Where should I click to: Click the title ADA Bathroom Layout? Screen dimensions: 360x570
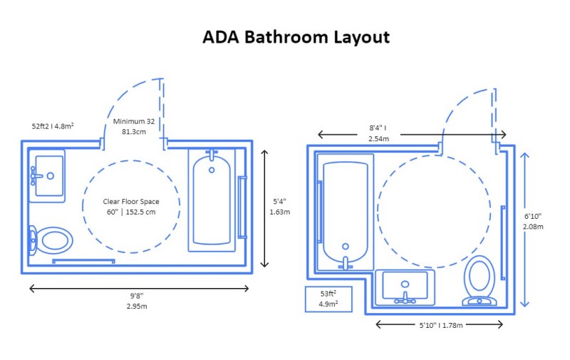(296, 38)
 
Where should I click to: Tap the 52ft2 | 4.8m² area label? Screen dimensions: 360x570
(53, 125)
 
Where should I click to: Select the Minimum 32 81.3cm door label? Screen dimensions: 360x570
(134, 126)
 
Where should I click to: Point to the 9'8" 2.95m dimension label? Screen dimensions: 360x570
(139, 300)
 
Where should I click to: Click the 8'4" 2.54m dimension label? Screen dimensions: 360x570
(378, 133)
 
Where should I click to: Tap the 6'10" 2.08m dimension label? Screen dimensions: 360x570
(534, 221)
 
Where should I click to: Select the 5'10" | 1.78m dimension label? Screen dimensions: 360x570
(439, 325)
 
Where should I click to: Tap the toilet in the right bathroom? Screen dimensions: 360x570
(479, 280)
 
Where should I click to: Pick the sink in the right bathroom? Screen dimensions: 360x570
(405, 287)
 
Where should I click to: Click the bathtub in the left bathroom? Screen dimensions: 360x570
(212, 200)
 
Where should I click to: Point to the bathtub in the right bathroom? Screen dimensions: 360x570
(346, 213)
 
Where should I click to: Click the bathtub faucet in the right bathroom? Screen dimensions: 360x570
(346, 263)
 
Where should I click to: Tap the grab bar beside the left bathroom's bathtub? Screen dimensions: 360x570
(242, 207)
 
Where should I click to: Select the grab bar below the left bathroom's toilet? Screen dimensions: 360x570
(83, 261)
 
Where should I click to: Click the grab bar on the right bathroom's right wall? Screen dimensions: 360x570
(503, 242)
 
